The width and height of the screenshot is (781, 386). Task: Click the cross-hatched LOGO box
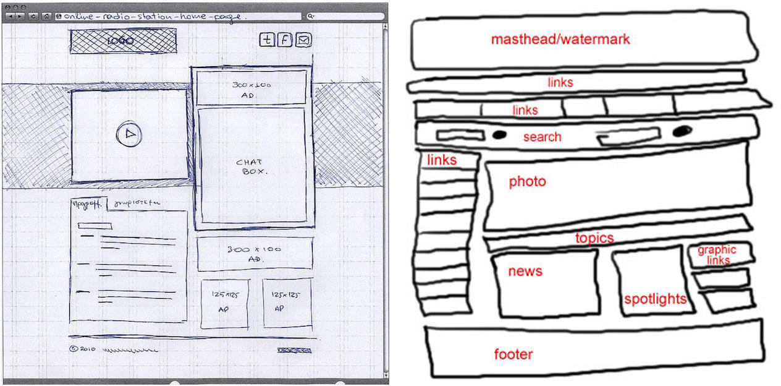click(x=122, y=41)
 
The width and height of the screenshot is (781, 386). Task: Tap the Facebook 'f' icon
click(x=284, y=40)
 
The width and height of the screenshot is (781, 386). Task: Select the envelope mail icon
click(x=303, y=40)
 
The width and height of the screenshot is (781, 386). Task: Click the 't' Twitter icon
click(x=266, y=40)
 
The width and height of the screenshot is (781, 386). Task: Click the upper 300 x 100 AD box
click(x=251, y=88)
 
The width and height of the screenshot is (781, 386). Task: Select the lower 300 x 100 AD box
click(x=254, y=254)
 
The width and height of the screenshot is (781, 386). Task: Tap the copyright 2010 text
click(x=83, y=350)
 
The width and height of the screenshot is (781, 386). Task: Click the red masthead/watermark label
click(x=560, y=40)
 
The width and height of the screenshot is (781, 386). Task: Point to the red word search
click(x=542, y=137)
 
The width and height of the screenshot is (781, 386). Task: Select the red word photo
click(x=527, y=182)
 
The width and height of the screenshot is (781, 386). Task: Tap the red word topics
click(x=594, y=238)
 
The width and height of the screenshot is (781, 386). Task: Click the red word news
click(x=525, y=271)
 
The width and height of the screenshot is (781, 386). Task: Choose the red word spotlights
click(x=655, y=299)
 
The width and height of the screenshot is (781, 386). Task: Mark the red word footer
click(x=513, y=354)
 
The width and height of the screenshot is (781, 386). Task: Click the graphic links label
click(x=717, y=255)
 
